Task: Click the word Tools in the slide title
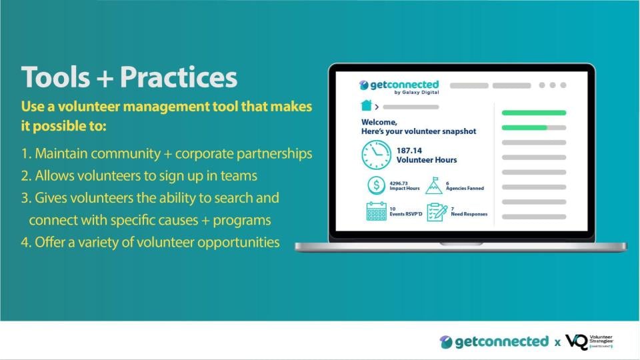click(54, 77)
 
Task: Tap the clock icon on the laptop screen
click(376, 155)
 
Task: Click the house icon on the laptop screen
click(366, 105)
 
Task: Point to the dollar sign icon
click(376, 185)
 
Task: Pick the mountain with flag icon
click(433, 185)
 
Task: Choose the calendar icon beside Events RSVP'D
click(376, 212)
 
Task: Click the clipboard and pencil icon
click(436, 212)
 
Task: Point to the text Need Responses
click(469, 214)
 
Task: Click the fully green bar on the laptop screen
click(533, 113)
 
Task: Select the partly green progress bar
click(533, 127)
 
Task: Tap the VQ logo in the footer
click(577, 341)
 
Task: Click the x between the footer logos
click(557, 343)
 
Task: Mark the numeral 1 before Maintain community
click(25, 153)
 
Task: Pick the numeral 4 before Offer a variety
click(25, 242)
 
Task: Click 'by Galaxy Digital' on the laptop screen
click(417, 93)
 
